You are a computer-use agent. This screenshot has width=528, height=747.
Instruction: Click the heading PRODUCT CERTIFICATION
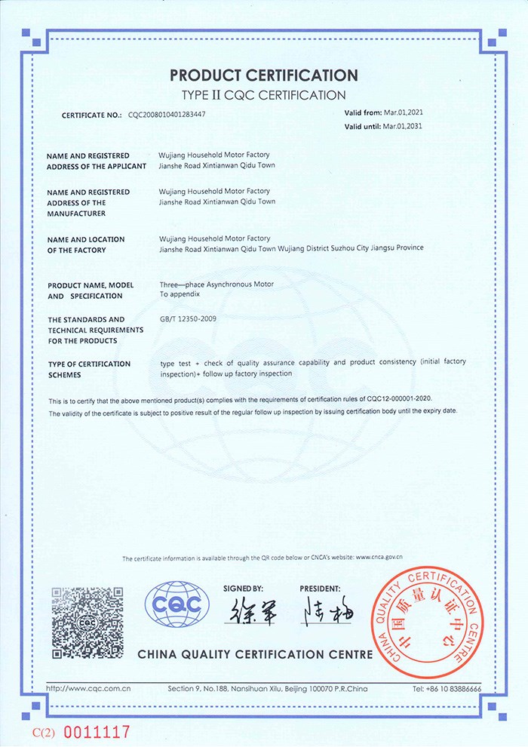pyautogui.click(x=263, y=75)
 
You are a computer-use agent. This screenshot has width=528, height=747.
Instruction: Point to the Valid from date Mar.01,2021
pyautogui.click(x=408, y=112)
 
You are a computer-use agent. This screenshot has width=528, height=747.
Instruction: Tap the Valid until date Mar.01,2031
pyautogui.click(x=408, y=126)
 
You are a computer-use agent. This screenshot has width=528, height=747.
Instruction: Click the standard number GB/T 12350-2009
pyautogui.click(x=189, y=319)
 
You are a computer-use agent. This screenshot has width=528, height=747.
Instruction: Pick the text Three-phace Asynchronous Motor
pyautogui.click(x=216, y=284)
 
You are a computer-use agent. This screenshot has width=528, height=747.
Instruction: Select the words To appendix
pyautogui.click(x=179, y=295)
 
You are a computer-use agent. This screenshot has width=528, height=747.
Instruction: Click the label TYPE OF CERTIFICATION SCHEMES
pyautogui.click(x=89, y=369)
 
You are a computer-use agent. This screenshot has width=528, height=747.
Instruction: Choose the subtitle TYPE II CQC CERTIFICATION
pyautogui.click(x=263, y=95)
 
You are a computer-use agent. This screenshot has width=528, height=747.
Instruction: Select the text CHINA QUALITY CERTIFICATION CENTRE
pyautogui.click(x=255, y=654)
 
